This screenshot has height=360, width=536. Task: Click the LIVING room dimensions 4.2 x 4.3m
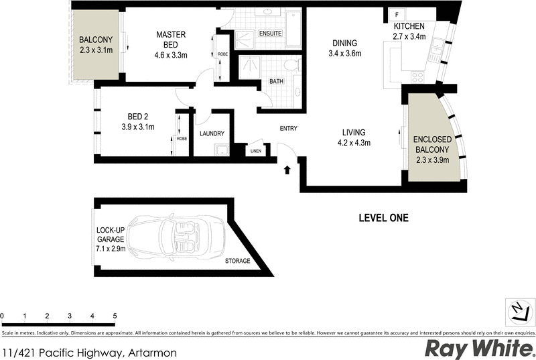pyautogui.click(x=354, y=142)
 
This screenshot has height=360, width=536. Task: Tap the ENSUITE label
pyautogui.click(x=270, y=34)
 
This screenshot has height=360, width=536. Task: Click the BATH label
pyautogui.click(x=276, y=82)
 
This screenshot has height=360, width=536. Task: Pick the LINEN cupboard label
pyautogui.click(x=255, y=152)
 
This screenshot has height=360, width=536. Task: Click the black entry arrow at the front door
pyautogui.click(x=287, y=170)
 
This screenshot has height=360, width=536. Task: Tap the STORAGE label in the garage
pyautogui.click(x=237, y=261)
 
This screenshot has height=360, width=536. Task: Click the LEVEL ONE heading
pyautogui.click(x=383, y=218)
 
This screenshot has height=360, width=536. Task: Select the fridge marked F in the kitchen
pyautogui.click(x=397, y=15)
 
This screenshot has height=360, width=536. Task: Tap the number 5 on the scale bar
pyautogui.click(x=115, y=315)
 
